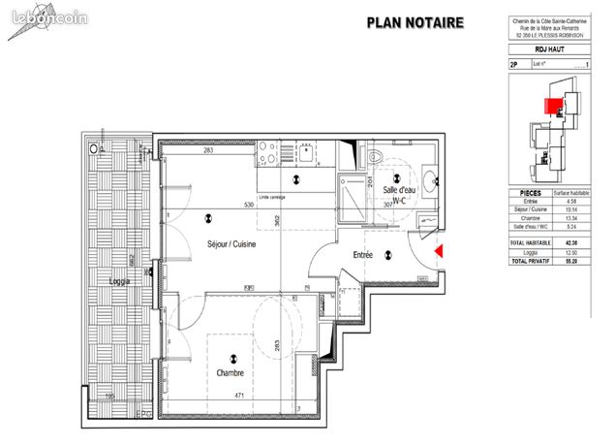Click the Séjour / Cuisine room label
tap(231, 244)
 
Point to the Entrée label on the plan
tap(362, 255)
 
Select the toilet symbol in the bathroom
tap(377, 159)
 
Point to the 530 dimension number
tap(249, 206)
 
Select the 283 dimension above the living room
tap(207, 149)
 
